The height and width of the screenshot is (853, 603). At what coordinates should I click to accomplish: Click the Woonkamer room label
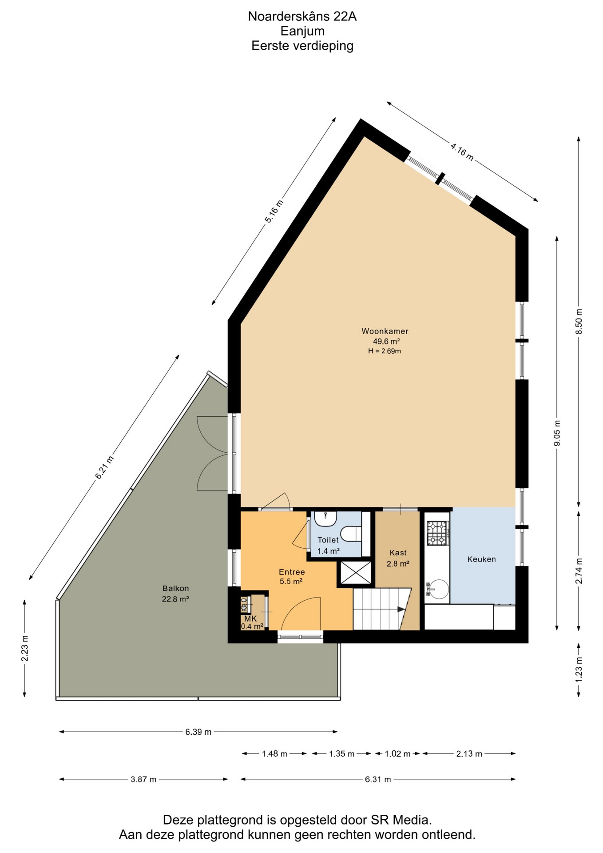coord(385,331)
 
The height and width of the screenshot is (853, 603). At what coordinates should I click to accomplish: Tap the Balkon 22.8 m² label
coord(175,594)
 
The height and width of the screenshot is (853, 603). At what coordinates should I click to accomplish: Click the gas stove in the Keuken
coord(437,533)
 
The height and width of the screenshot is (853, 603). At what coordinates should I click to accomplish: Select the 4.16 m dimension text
coord(462,152)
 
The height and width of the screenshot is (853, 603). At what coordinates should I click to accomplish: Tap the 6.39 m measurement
coord(198,732)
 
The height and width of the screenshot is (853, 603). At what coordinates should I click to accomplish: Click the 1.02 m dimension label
coord(397,753)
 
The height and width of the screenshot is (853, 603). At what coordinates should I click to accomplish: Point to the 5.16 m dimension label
coord(274,211)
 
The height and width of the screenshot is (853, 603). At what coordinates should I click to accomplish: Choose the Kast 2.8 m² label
coord(398,558)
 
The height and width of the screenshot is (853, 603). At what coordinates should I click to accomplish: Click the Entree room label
coord(292,572)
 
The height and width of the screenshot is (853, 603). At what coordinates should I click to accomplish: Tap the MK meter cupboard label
coord(250,618)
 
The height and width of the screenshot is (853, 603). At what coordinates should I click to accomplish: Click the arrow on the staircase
coord(401,610)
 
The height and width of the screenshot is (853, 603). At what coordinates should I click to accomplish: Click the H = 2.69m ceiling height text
coord(385,351)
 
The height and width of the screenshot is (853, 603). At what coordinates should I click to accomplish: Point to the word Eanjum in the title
coord(302,31)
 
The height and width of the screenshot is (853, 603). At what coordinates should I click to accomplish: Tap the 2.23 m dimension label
coord(25,648)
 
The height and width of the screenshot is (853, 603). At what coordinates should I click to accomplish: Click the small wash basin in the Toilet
coord(325,518)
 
